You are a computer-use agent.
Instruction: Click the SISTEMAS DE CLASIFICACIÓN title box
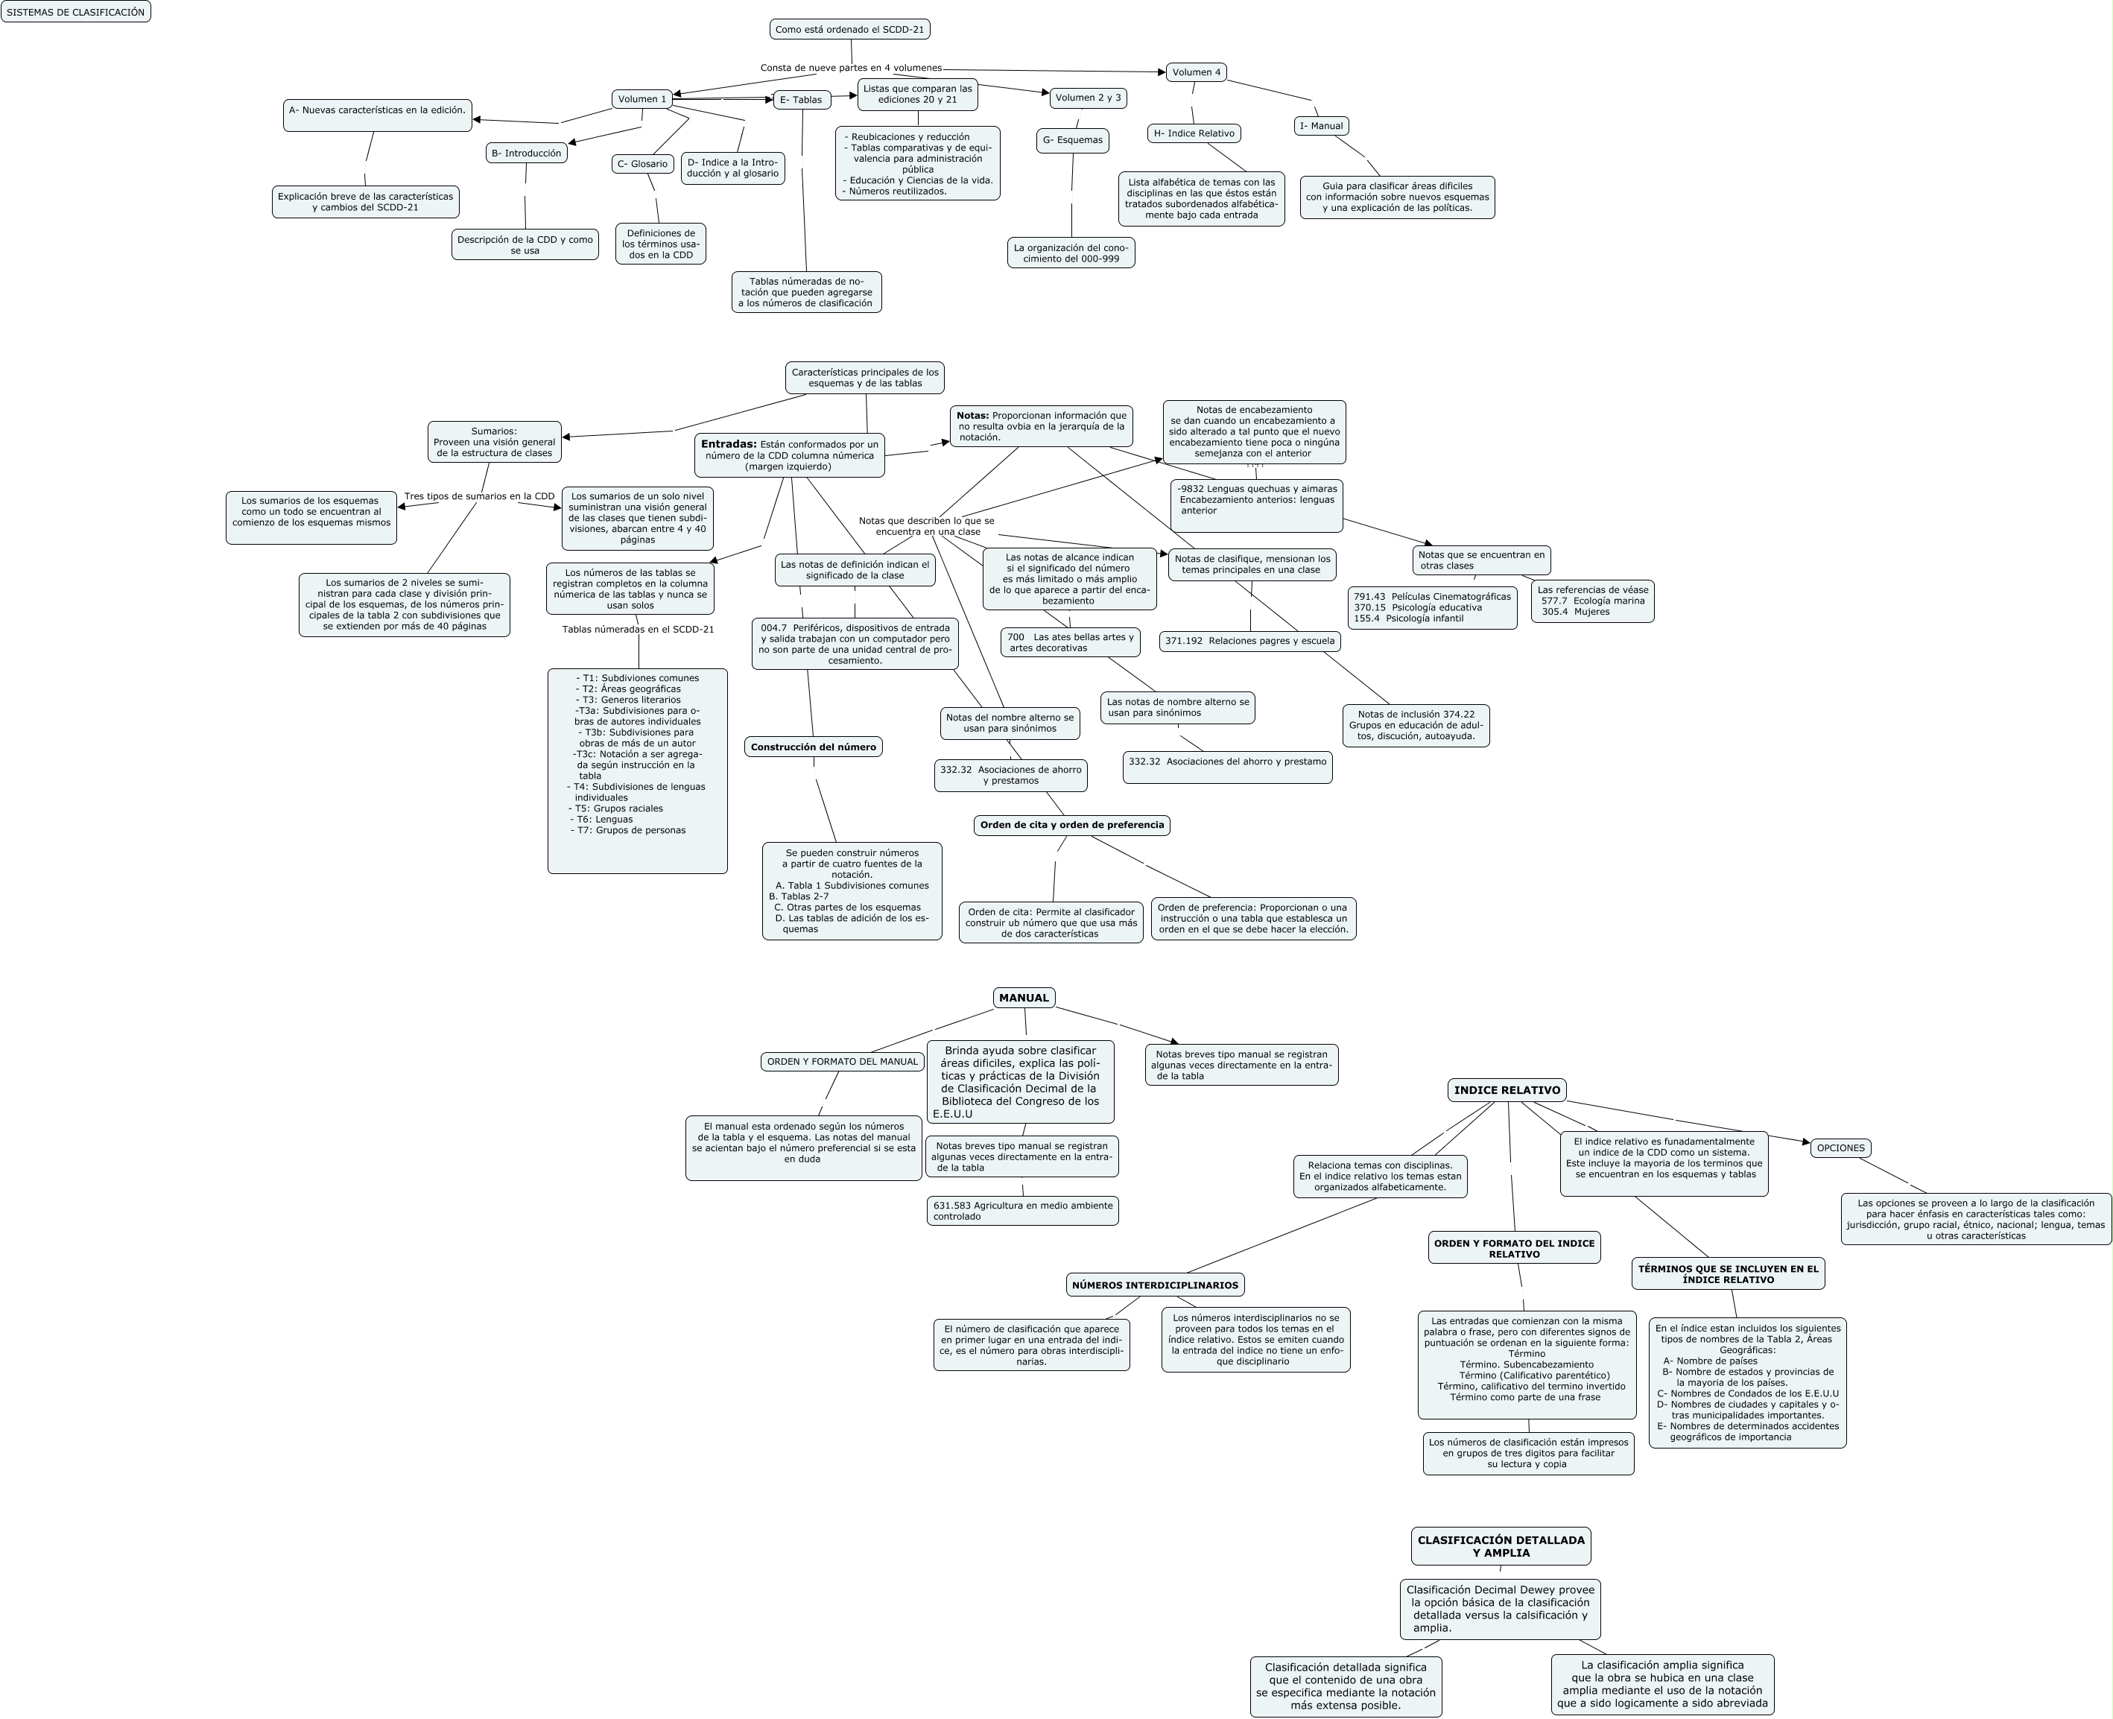coord(75,12)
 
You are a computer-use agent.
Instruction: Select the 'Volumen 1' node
coord(642,99)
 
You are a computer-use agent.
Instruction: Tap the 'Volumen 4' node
coord(1196,72)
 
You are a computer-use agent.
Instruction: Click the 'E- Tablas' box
coord(801,100)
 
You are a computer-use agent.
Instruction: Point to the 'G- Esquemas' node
coord(1072,141)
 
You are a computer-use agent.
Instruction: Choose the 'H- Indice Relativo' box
coord(1194,133)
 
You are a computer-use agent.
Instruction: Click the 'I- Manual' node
coord(1322,126)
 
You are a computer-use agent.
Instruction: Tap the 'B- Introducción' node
coord(527,153)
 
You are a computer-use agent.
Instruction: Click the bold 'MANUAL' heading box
coord(1024,998)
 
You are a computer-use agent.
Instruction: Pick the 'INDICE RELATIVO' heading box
coord(1507,1090)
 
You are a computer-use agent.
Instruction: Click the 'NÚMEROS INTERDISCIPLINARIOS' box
coord(1155,1285)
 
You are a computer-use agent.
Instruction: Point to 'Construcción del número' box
coord(813,747)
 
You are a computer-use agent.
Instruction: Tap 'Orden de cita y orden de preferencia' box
coord(1071,825)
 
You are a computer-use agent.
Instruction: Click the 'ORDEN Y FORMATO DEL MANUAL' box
coord(843,1062)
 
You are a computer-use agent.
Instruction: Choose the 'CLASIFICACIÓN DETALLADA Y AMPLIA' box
coord(1501,1545)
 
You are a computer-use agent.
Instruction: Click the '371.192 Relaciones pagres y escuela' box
coord(1249,642)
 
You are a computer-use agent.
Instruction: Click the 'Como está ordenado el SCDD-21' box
coord(849,30)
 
